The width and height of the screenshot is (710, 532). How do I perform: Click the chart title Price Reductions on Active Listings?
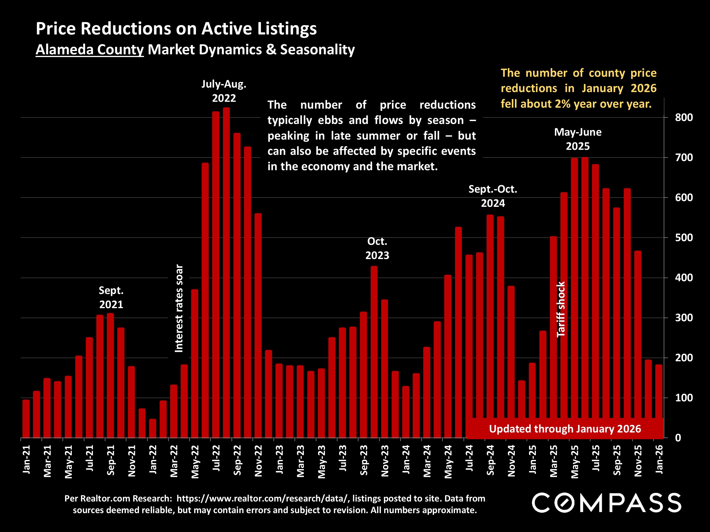tap(176, 29)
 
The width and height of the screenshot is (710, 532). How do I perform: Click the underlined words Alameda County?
tap(89, 50)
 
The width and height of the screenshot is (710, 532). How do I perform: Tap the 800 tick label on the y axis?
tap(684, 117)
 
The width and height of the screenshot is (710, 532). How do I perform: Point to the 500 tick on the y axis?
tap(684, 237)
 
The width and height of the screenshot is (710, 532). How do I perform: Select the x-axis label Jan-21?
tap(26, 459)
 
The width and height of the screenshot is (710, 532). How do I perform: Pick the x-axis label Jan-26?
tap(659, 459)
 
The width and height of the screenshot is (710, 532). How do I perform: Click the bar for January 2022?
tap(153, 428)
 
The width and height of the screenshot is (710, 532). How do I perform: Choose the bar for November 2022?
tap(258, 325)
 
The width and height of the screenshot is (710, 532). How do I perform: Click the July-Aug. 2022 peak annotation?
tap(224, 91)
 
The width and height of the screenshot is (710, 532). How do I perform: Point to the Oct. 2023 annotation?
tap(377, 248)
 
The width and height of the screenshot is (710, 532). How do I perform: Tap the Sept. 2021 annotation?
tap(111, 297)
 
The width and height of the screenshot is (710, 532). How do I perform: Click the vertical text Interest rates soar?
tap(179, 308)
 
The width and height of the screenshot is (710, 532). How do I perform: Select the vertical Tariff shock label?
tap(560, 309)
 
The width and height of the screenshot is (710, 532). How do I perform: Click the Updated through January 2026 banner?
tap(565, 429)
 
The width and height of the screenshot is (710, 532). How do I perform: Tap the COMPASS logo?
tap(606, 502)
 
